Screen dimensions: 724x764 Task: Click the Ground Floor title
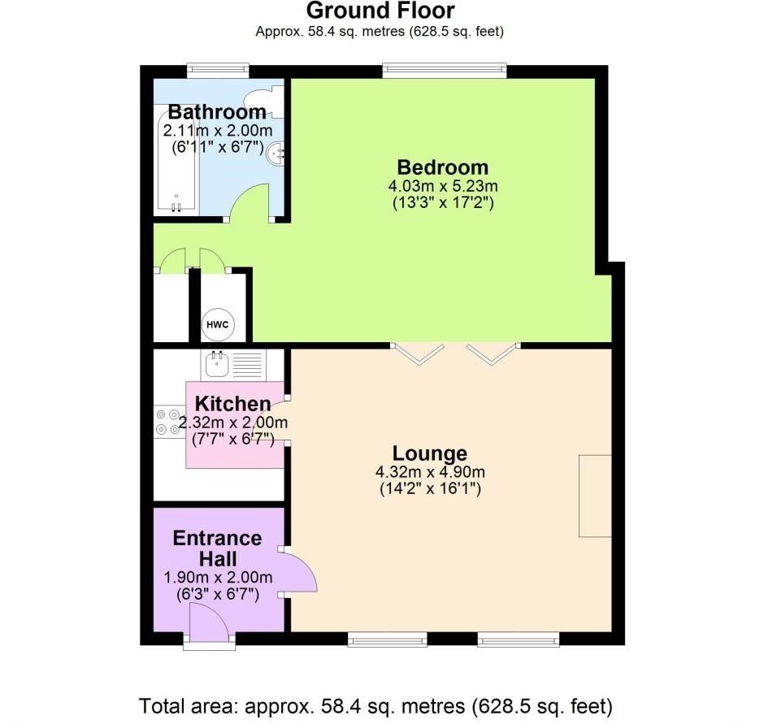380,11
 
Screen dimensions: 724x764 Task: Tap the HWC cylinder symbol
218,325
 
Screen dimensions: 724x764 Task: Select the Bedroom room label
442,167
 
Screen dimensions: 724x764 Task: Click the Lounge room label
430,453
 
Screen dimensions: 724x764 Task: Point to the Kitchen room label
232,404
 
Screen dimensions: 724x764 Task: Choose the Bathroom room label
217,112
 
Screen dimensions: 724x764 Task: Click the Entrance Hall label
217,548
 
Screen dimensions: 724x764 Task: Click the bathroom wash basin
278,152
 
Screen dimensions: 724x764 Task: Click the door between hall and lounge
298,573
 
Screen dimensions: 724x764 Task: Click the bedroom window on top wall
445,72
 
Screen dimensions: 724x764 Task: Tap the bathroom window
217,72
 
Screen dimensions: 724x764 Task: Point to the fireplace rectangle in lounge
595,496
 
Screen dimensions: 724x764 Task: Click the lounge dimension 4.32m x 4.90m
430,472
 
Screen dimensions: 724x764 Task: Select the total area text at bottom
375,704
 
